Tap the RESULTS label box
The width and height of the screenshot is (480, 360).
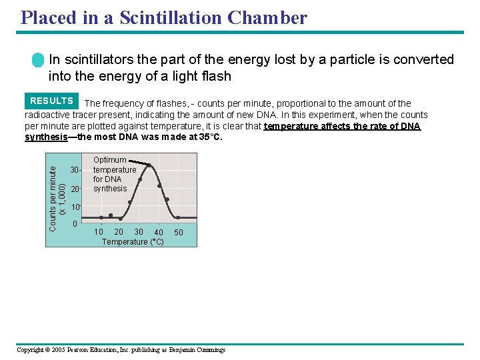[x=51, y=101]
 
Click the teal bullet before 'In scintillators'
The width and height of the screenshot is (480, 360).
[x=38, y=60]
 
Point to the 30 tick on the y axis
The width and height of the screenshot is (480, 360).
[x=75, y=170]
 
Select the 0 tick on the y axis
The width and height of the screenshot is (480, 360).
[x=75, y=223]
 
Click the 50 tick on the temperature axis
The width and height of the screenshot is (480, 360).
[x=178, y=233]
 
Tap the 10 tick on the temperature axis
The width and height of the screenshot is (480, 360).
[x=99, y=232]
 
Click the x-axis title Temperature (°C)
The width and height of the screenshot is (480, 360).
[x=133, y=242]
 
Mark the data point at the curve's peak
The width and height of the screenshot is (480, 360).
[x=149, y=165]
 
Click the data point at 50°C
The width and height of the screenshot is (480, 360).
[x=178, y=217]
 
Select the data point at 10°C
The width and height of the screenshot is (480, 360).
[x=101, y=217]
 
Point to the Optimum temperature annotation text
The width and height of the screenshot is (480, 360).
[x=114, y=174]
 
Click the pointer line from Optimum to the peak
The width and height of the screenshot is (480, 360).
[x=137, y=162]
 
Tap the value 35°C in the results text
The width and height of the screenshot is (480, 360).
[x=207, y=137]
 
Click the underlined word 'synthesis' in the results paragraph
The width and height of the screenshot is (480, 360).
[x=46, y=137]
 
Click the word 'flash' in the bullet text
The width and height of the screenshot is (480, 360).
[x=215, y=76]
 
